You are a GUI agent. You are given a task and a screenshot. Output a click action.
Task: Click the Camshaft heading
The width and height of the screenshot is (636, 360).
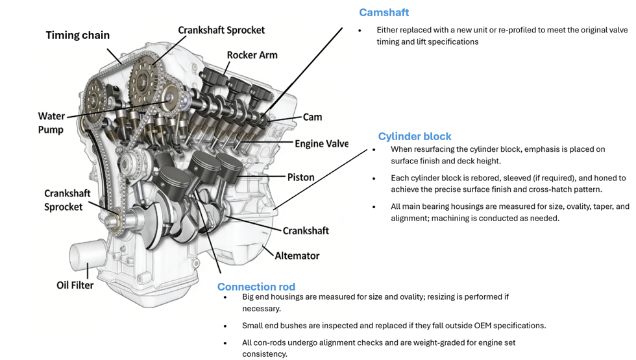384,12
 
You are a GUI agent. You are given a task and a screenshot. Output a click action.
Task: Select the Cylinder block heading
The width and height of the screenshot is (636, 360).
415,136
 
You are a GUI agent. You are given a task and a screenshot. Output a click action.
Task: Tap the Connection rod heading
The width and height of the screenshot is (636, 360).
256,287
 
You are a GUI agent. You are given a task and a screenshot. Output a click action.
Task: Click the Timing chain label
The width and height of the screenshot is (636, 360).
77,35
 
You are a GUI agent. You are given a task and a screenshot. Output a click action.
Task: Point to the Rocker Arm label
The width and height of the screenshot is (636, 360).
252,55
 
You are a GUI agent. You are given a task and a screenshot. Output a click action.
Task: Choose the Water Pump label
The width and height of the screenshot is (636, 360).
51,123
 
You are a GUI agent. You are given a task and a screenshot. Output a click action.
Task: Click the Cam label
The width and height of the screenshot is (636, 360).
312,117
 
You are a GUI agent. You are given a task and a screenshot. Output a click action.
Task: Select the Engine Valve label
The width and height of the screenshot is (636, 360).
321,144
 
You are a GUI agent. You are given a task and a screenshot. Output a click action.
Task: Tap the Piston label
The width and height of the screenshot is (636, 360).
300,177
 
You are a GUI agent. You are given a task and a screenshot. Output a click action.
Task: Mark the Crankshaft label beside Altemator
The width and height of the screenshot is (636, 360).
306,230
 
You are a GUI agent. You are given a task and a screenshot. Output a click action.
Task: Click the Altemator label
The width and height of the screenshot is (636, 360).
297,256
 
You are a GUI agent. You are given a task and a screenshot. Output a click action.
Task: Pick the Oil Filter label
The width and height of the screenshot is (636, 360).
75,285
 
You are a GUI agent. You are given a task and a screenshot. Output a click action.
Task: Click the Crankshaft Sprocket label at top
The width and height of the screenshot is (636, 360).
221,30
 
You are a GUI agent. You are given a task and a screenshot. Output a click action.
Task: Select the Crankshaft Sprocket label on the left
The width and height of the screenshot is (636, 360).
63,200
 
